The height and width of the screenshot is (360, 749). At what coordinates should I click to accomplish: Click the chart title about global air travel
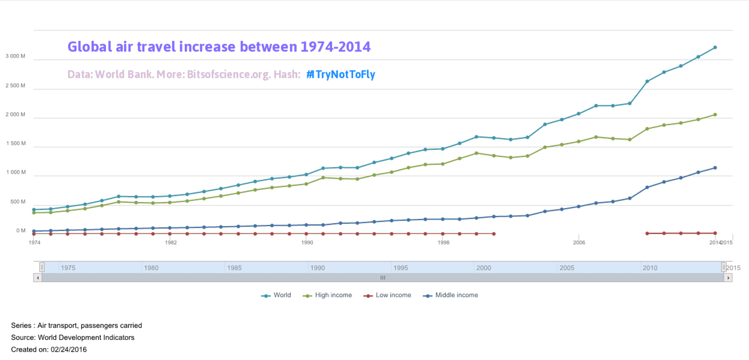click(x=219, y=47)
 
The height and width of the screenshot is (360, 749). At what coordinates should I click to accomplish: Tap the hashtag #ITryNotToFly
click(x=341, y=74)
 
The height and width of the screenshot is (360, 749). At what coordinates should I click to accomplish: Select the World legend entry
click(x=282, y=295)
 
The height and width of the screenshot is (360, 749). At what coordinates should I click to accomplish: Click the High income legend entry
click(x=333, y=295)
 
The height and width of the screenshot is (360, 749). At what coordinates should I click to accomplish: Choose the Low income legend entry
click(x=393, y=295)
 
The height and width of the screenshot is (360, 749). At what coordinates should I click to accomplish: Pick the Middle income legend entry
click(x=456, y=295)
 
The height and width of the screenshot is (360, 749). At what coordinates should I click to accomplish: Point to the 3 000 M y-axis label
click(x=15, y=56)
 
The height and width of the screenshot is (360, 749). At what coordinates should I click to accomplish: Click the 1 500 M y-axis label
click(x=15, y=144)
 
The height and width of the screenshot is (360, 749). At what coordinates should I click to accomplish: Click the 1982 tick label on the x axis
click(x=171, y=242)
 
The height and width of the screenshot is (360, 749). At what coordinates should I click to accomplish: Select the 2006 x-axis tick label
click(x=579, y=242)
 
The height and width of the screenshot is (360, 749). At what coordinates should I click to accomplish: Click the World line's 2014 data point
click(x=715, y=48)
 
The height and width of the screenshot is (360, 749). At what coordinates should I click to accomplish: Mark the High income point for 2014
click(x=715, y=115)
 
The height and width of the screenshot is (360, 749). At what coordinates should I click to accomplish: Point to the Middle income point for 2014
click(x=715, y=168)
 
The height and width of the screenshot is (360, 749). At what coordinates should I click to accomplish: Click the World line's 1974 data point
click(x=34, y=210)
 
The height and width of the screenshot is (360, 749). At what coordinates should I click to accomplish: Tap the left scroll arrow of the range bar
click(x=37, y=278)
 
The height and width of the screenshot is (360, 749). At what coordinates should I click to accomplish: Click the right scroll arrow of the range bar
click(x=728, y=278)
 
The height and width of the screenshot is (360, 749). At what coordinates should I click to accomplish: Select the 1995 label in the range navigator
click(x=401, y=268)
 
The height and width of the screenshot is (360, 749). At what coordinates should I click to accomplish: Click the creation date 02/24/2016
click(x=69, y=350)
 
